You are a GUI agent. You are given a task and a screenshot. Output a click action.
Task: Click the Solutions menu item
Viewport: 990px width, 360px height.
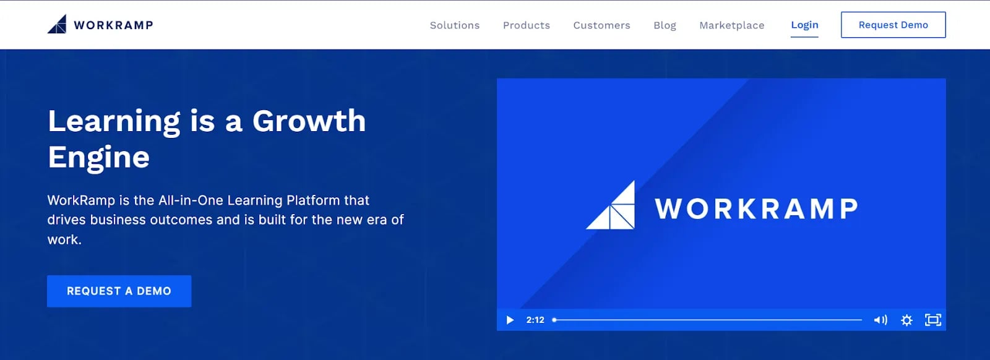[x=454, y=25]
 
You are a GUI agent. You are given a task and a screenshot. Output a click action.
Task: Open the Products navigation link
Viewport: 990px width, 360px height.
[x=527, y=25]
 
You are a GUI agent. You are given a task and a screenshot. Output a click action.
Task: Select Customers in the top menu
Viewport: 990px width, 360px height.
[x=601, y=25]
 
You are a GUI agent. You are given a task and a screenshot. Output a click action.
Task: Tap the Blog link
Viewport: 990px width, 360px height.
[x=665, y=25]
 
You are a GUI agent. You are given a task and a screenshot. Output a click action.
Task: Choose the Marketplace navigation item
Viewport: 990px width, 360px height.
[x=731, y=25]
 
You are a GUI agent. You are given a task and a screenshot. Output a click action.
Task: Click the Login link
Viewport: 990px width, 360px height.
[x=804, y=25]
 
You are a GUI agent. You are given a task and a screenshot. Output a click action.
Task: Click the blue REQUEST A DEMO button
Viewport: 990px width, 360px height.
[x=119, y=291]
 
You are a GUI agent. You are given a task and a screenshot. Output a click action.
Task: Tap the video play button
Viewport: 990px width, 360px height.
[x=510, y=320]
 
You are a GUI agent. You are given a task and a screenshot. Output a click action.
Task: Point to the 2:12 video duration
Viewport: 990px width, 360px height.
[x=535, y=320]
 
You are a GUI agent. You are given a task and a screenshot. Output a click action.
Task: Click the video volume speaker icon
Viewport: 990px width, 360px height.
[x=880, y=320]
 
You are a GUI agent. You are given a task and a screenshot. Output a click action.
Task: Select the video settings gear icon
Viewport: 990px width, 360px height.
[x=906, y=320]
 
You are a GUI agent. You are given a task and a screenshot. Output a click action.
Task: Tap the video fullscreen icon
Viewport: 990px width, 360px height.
[x=933, y=320]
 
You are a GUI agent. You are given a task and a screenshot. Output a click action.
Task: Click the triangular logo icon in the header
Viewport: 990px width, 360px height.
[x=57, y=24]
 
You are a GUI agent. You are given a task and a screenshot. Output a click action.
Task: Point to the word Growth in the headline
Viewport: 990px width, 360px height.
[x=309, y=121]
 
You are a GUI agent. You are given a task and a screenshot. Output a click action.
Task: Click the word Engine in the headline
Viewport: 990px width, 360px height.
[x=98, y=158]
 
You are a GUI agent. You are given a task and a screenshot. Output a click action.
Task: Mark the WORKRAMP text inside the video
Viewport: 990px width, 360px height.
[x=756, y=208]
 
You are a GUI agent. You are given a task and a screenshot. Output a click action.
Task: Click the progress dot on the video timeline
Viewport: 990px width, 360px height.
[x=554, y=320]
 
